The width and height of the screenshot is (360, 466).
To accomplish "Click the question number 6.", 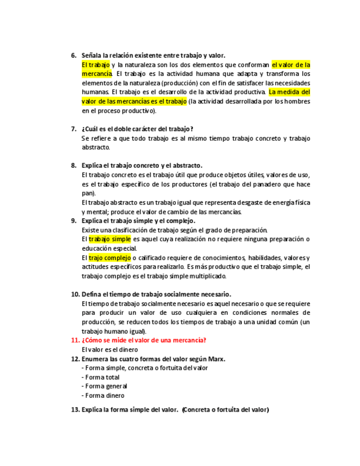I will point(74,56).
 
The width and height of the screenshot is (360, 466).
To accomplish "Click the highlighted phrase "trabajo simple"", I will point(109,239).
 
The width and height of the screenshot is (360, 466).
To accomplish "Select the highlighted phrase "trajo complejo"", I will point(109,258).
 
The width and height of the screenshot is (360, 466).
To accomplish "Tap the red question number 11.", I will point(75,340).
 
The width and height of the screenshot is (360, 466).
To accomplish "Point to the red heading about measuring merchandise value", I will point(144,340).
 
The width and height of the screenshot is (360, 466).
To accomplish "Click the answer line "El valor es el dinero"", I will point(110,349).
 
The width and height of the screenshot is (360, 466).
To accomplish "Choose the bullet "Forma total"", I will point(103,377).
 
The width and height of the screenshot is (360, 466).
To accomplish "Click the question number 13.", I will point(75,409).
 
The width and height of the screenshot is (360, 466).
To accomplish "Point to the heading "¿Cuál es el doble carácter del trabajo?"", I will point(137,129).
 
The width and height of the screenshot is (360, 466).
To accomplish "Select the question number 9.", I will point(74,221).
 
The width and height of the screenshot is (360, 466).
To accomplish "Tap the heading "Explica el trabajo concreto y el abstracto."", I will point(142,165).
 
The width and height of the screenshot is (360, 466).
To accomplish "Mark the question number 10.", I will point(75,294).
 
